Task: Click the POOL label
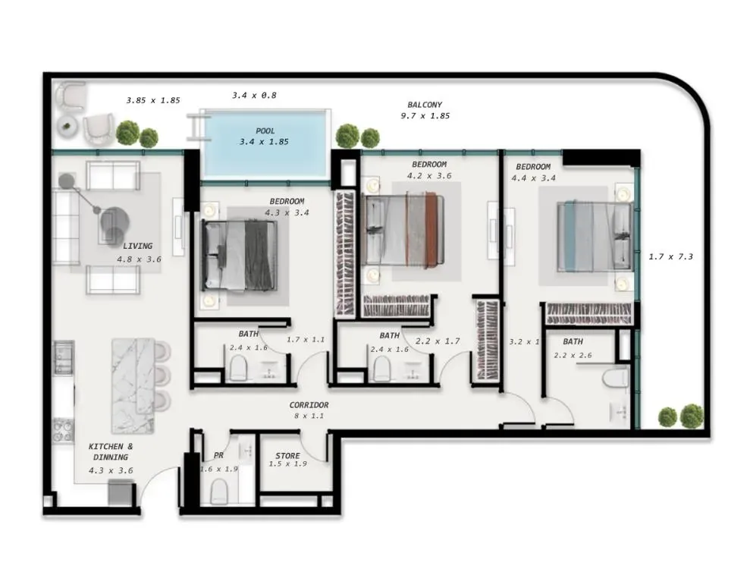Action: tap(265, 130)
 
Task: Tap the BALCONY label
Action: tap(425, 104)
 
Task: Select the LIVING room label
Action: tap(138, 246)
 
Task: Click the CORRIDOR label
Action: tap(309, 405)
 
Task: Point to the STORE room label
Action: tap(287, 456)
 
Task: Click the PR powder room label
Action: tap(218, 455)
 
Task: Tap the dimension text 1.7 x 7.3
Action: tap(670, 256)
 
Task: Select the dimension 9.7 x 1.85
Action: tap(425, 116)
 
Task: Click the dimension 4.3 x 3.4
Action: tap(287, 213)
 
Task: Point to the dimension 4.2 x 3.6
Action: tap(429, 176)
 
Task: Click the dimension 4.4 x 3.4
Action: tap(533, 178)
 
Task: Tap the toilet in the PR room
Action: tap(219, 492)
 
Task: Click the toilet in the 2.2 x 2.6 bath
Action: tap(616, 377)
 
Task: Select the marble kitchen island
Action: tap(133, 385)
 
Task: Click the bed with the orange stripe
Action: tap(403, 229)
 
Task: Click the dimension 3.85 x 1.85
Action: tap(153, 100)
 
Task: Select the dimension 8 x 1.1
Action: tap(309, 416)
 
